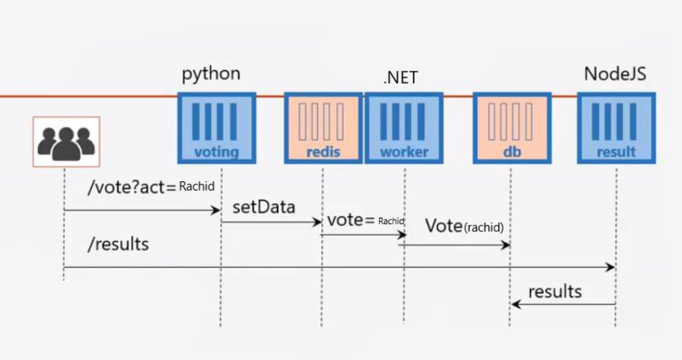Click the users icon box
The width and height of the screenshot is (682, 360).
tap(66, 141)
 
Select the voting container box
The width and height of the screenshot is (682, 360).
tap(216, 128)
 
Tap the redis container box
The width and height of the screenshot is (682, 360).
tap(323, 128)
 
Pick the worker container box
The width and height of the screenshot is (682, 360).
tap(404, 128)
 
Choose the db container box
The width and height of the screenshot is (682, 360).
tap(511, 128)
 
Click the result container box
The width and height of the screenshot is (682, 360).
tap(616, 128)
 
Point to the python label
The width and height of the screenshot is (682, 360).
tap(211, 73)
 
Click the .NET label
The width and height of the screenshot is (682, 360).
tap(400, 78)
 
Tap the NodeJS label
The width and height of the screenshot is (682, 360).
tap(615, 73)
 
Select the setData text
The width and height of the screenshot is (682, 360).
tap(264, 207)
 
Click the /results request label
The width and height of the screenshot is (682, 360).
tap(118, 244)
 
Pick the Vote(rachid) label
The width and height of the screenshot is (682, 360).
tap(464, 226)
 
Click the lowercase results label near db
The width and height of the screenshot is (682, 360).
tap(554, 292)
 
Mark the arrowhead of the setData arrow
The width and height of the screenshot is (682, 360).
tap(318, 222)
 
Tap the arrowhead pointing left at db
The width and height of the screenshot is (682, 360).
tap(515, 305)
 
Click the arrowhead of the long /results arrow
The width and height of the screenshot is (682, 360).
tap(611, 267)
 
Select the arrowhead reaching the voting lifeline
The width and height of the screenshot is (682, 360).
tap(217, 210)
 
